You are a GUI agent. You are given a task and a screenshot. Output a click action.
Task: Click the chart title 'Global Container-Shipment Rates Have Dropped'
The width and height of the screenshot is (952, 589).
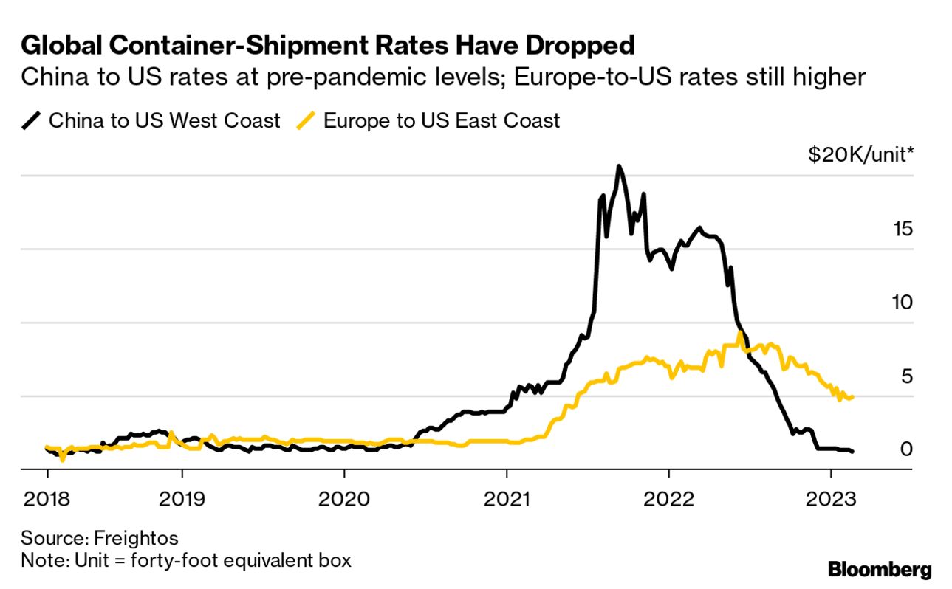click(328, 46)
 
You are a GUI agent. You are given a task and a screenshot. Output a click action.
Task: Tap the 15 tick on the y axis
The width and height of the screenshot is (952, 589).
click(902, 228)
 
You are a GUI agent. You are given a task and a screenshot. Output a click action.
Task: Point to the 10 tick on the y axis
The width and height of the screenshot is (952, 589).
click(902, 302)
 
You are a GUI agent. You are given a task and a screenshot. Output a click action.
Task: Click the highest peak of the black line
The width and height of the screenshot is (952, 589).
click(619, 167)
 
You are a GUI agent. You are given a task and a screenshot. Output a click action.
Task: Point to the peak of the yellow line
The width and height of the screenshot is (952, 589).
click(739, 334)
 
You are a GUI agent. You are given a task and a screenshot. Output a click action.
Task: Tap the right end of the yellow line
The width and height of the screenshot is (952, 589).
click(852, 397)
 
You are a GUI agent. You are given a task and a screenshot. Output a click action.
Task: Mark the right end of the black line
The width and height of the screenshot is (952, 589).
click(852, 451)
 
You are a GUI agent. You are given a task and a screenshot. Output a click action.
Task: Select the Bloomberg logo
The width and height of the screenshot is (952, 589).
click(879, 570)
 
